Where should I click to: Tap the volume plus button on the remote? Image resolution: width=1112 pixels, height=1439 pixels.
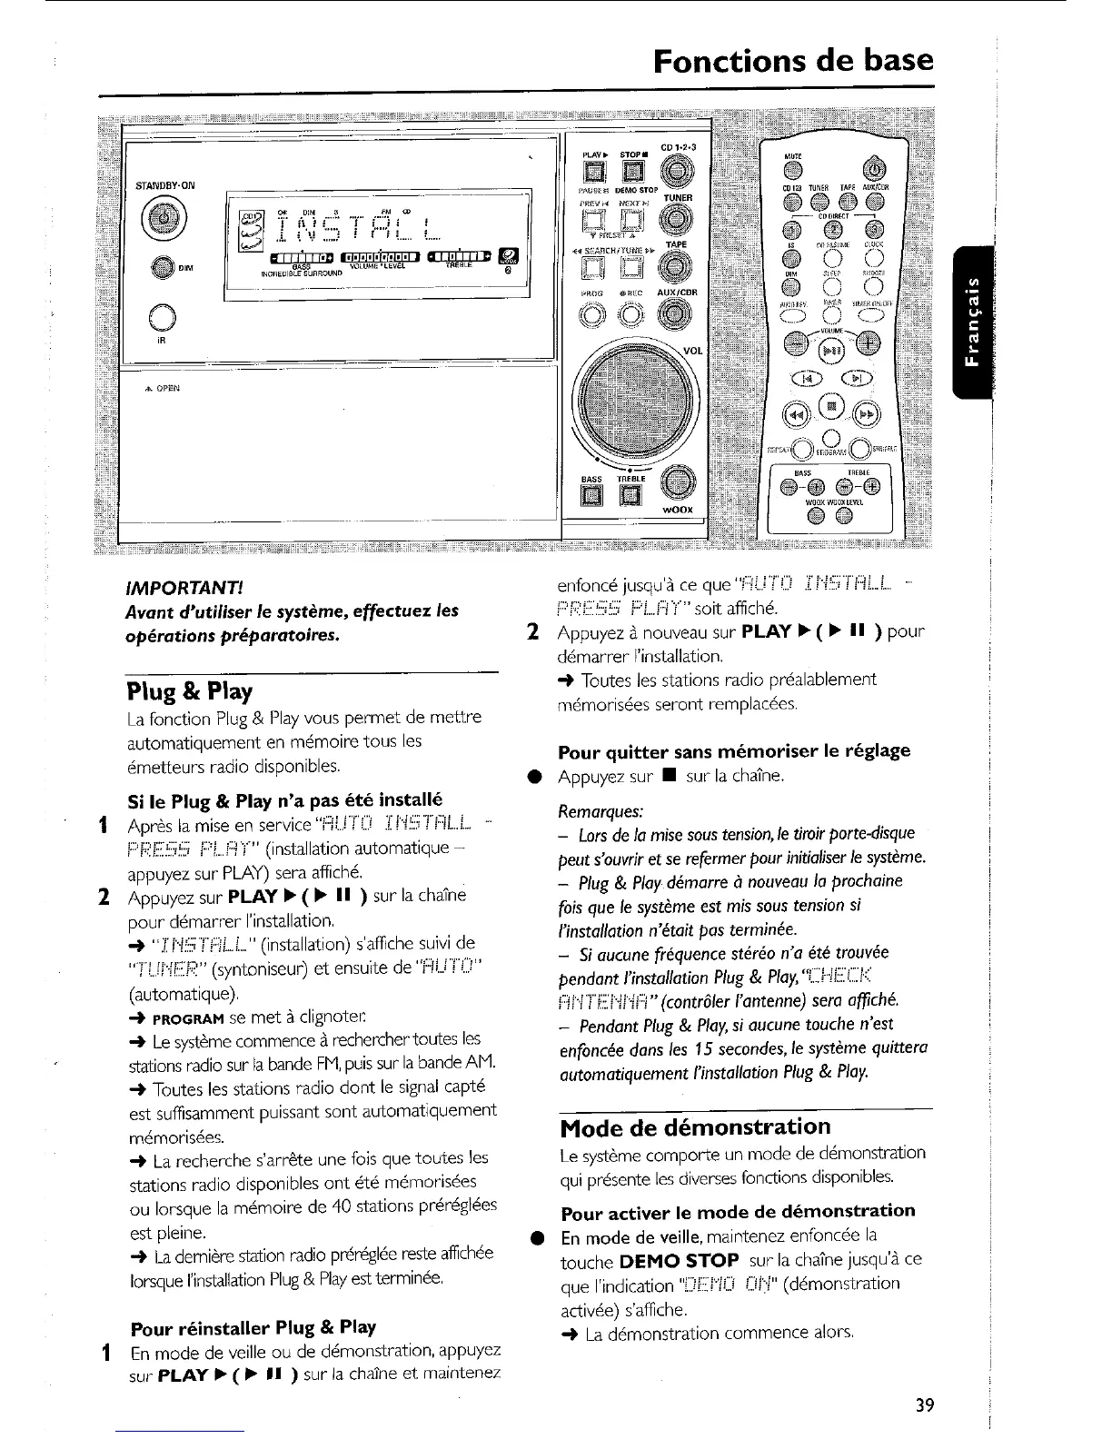[869, 343]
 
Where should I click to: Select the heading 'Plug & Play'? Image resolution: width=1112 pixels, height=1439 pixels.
[189, 691]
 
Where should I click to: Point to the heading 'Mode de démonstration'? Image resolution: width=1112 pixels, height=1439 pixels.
[695, 1127]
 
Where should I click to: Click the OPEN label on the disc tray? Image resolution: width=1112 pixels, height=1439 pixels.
[164, 388]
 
